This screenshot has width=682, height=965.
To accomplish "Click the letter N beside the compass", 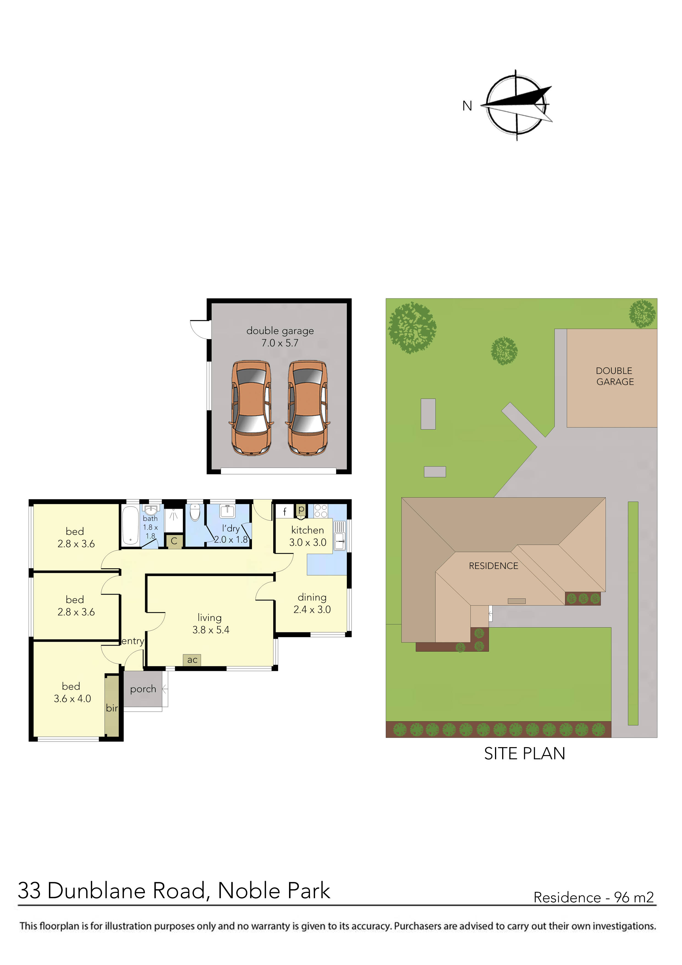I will [467, 106].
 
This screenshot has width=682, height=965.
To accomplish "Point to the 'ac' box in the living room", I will [192, 660].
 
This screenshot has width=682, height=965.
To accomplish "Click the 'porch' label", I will [143, 689].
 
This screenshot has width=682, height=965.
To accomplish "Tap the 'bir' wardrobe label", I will [112, 708].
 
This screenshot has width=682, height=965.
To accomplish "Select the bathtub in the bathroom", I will [130, 525].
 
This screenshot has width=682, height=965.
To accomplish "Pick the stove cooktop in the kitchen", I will [321, 511].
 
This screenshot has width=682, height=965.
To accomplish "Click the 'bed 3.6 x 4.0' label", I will [72, 692].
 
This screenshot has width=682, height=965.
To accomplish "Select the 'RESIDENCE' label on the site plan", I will [493, 566].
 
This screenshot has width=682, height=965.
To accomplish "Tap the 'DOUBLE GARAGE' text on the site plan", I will [614, 376].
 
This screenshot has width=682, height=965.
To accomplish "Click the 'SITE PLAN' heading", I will [524, 753].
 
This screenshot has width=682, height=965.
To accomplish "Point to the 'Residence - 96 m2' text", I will [593, 897].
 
